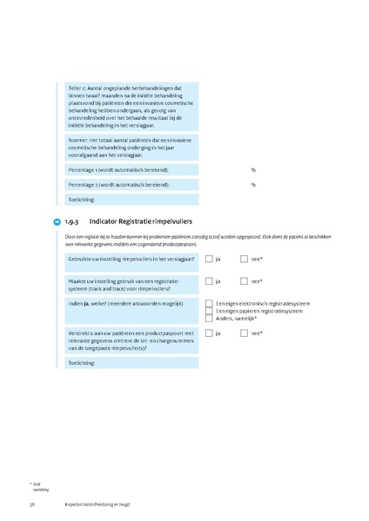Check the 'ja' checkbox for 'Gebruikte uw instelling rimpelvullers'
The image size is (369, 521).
pyautogui.click(x=209, y=259)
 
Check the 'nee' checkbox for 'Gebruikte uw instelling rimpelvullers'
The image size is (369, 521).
pyautogui.click(x=245, y=259)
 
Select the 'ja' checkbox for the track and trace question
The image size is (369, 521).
pyautogui.click(x=209, y=281)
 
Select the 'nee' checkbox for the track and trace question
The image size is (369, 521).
pyautogui.click(x=245, y=281)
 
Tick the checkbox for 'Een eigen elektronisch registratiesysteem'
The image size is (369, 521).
pyautogui.click(x=209, y=303)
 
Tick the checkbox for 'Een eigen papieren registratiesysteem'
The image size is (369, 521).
pyautogui.click(x=209, y=311)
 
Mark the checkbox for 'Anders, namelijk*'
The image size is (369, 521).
pyautogui.click(x=209, y=319)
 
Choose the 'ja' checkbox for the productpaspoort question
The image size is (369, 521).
pyautogui.click(x=209, y=333)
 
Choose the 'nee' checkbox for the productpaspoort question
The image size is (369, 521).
pyautogui.click(x=245, y=333)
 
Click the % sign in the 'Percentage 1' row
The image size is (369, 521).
pyautogui.click(x=253, y=169)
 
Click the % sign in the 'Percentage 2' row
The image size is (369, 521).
pyautogui.click(x=253, y=184)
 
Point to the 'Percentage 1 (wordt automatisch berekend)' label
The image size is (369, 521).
pyautogui.click(x=118, y=169)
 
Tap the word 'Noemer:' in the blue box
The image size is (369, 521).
pyautogui.click(x=79, y=139)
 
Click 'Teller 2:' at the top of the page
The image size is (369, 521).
pyautogui.click(x=79, y=88)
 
